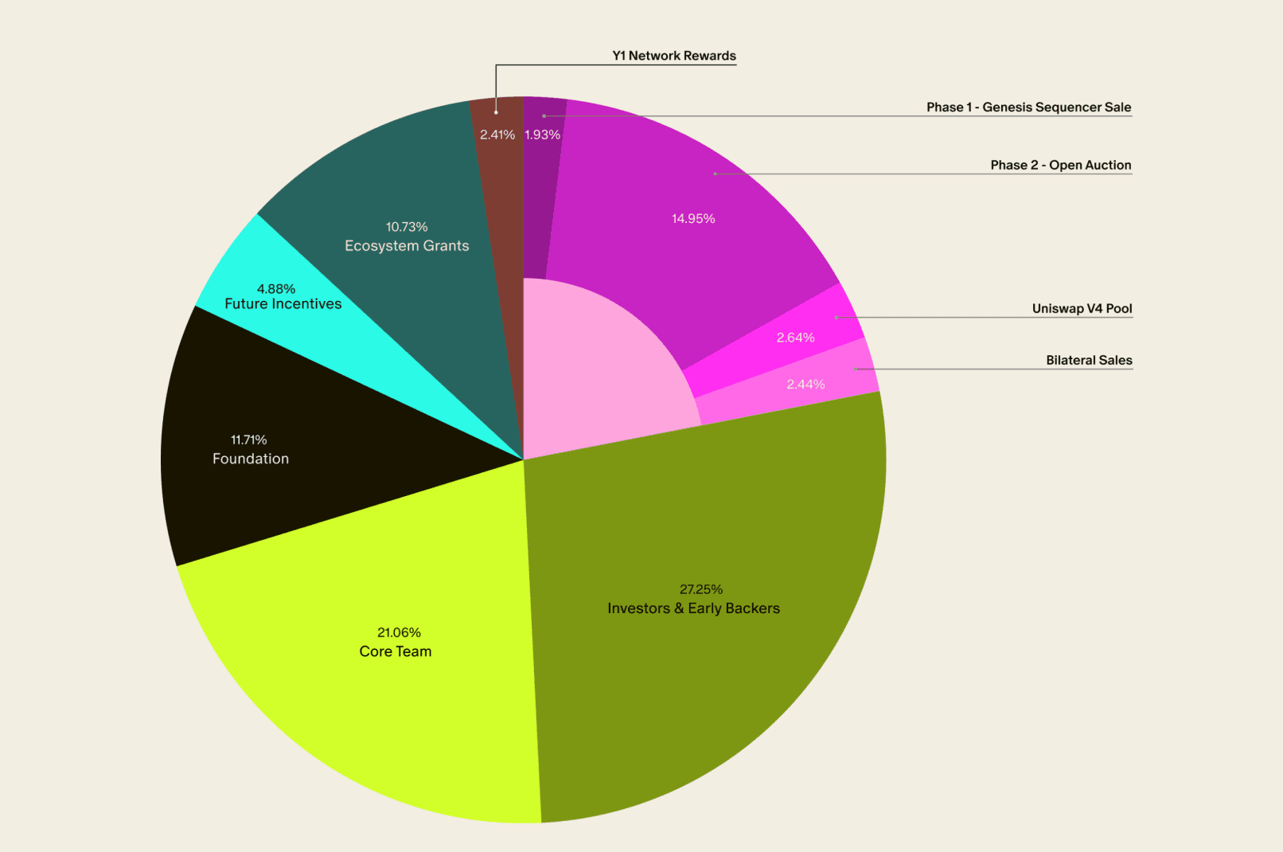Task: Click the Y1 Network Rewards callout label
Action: pos(673,56)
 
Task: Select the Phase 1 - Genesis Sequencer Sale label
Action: pos(1028,107)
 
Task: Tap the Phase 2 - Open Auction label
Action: pos(1060,165)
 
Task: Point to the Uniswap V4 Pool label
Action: pos(1082,308)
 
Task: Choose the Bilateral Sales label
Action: pos(1089,360)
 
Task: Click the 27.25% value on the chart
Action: pos(700,589)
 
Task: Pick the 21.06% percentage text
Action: pos(399,632)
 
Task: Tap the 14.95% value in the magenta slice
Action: pos(693,218)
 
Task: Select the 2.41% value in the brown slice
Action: pos(497,135)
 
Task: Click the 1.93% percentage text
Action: pos(542,135)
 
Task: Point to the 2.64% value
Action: pos(795,338)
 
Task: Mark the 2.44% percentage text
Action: pos(805,384)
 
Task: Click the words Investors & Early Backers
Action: pos(693,608)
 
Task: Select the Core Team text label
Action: pos(395,651)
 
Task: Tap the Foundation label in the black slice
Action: pos(250,459)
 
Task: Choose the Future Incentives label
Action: pos(283,304)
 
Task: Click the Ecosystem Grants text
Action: pos(407,246)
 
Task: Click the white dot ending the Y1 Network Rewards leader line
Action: pos(496,112)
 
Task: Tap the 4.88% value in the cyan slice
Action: pos(275,288)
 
